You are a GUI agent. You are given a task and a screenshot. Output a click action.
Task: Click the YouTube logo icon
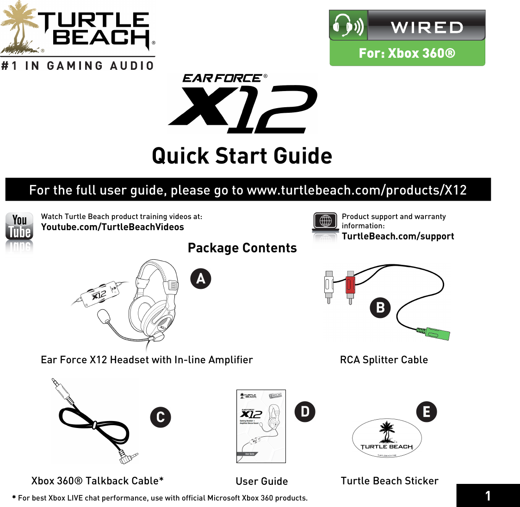(x=19, y=226)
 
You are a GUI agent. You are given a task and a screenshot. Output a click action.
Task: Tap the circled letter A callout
(x=201, y=279)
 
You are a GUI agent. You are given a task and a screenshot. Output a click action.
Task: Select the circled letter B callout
(x=380, y=308)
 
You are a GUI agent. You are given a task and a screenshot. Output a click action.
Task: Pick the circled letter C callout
(x=161, y=417)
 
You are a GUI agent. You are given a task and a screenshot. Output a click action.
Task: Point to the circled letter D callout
(x=305, y=411)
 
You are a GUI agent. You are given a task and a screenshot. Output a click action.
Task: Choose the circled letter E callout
(x=427, y=411)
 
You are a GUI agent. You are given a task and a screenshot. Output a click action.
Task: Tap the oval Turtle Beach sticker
(x=387, y=439)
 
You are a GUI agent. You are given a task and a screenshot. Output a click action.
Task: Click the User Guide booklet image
(x=261, y=426)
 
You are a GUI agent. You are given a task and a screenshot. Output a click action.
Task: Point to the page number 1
(x=488, y=496)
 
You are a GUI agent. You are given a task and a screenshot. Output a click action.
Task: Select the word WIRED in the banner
(x=427, y=27)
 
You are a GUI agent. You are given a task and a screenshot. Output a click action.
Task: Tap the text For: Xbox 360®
(x=407, y=53)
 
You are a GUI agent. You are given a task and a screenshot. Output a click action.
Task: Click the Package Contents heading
(x=242, y=248)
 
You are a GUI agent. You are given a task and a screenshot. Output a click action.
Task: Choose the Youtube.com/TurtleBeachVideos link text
(x=112, y=227)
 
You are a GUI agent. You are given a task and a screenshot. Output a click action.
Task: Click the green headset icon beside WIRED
(x=348, y=26)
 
